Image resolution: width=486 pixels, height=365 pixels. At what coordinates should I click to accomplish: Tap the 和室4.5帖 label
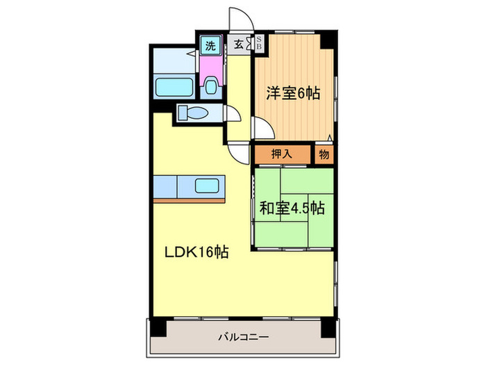tap(292, 207)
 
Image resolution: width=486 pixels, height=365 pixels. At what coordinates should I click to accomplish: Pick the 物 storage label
tap(324, 154)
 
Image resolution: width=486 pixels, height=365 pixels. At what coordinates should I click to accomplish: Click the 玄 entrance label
tap(239, 45)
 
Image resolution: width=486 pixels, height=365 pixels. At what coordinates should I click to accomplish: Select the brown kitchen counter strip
tap(189, 200)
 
